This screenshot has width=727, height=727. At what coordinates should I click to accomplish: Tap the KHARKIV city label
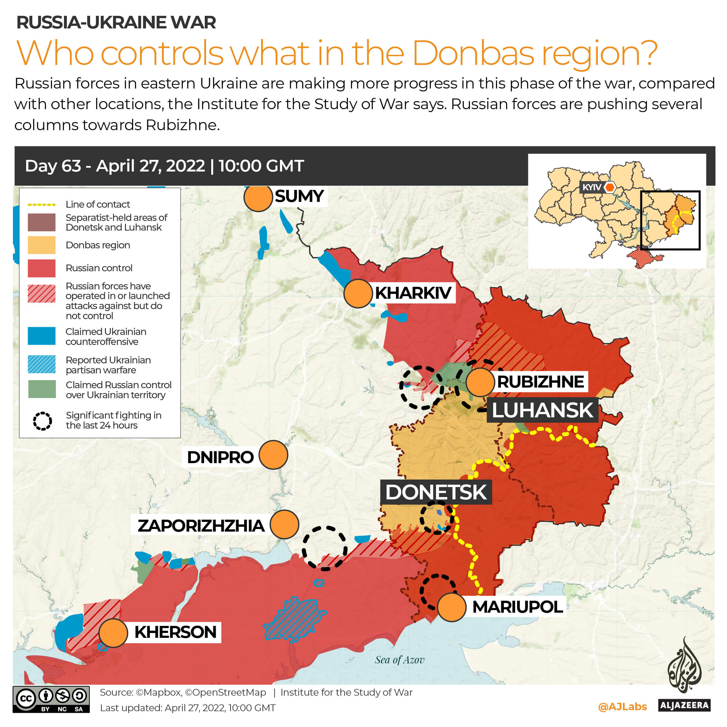(413, 293)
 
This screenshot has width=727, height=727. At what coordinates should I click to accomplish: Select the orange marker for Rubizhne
(480, 382)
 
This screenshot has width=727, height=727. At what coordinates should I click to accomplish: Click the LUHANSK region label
(542, 410)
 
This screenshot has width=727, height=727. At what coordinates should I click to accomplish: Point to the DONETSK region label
(436, 492)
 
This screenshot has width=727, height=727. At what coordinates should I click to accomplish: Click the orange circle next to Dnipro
(273, 455)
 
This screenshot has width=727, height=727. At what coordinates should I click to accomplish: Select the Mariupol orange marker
(452, 607)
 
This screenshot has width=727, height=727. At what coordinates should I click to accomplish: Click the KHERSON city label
(175, 632)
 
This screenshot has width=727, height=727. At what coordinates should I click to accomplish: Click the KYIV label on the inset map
(592, 187)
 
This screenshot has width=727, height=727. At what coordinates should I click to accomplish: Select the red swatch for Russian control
(41, 268)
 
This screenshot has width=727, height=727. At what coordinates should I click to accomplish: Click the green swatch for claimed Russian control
(42, 389)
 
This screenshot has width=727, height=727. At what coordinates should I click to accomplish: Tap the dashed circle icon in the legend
(42, 421)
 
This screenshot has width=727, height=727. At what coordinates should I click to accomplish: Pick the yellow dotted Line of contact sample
(41, 205)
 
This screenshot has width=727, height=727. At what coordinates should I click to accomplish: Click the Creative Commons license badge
(51, 699)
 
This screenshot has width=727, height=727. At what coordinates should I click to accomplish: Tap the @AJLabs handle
(622, 707)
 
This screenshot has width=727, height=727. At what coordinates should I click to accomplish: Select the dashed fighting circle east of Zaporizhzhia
(324, 548)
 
